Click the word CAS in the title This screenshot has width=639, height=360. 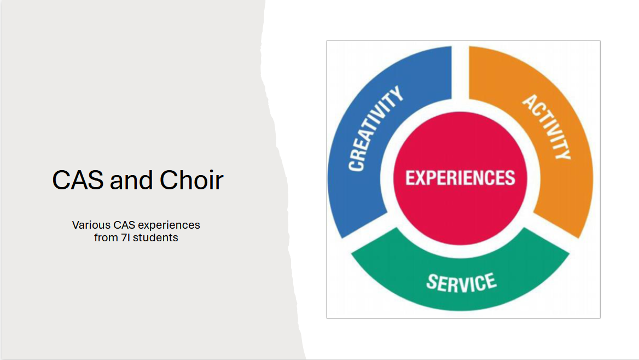[78, 180]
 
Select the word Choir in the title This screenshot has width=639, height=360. [191, 179]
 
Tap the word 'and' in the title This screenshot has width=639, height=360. [131, 180]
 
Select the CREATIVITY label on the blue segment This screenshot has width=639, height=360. [375, 129]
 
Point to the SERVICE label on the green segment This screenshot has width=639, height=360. [461, 282]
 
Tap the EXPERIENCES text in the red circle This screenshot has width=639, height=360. [460, 178]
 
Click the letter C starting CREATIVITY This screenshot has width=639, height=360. [356, 164]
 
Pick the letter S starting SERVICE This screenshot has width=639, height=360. [432, 281]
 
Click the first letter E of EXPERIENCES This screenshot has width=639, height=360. [410, 178]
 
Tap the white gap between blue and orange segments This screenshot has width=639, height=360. [460, 73]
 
